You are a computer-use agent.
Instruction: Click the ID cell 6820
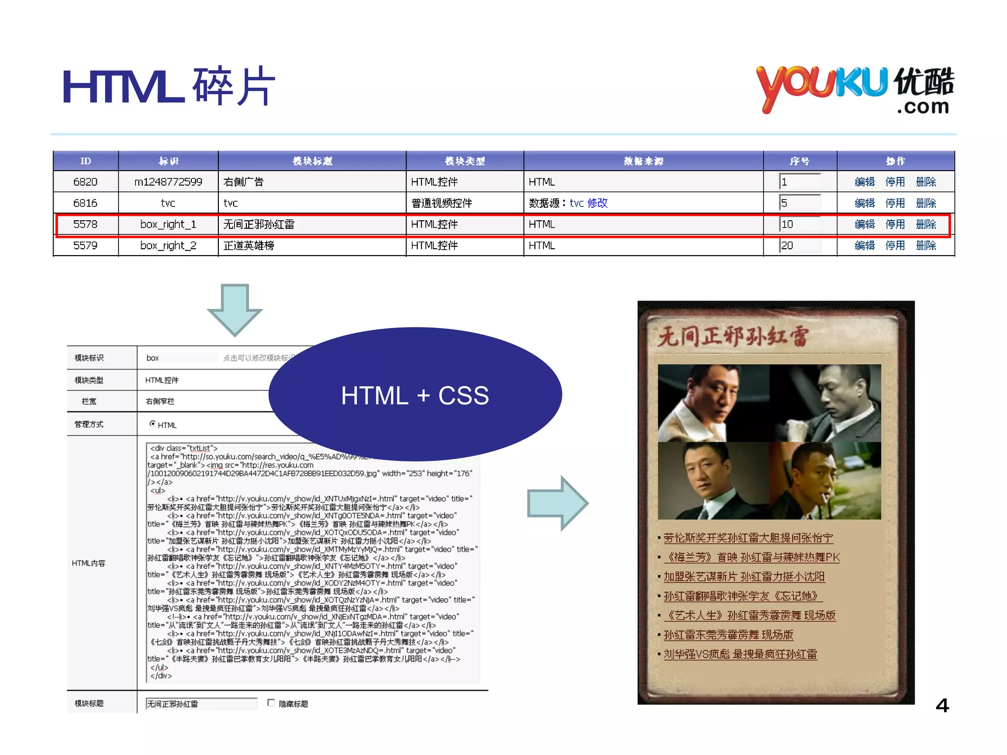[85, 182]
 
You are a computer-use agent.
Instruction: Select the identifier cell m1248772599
[168, 182]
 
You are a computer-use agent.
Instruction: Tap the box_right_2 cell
[168, 245]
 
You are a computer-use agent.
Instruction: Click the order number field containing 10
[800, 224]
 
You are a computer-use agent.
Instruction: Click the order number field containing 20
[800, 245]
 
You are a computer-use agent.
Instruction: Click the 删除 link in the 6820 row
[926, 182]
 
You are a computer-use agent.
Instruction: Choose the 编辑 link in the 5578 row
[864, 224]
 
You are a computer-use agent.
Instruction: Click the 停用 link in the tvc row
[895, 203]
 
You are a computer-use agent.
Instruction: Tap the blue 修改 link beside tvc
[597, 203]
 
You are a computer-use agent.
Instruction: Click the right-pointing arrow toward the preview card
[558, 503]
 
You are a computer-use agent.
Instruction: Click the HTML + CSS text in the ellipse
[415, 395]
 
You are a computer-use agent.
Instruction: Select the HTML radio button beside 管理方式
[153, 424]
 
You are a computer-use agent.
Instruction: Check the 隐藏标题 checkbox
[271, 703]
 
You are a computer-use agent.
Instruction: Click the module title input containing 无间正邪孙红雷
[201, 704]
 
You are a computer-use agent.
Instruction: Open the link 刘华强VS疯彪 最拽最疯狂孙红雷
[740, 654]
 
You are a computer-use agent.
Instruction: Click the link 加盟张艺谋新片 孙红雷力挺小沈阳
[744, 577]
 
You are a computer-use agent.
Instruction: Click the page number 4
[942, 705]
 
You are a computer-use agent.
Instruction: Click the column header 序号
[800, 161]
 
